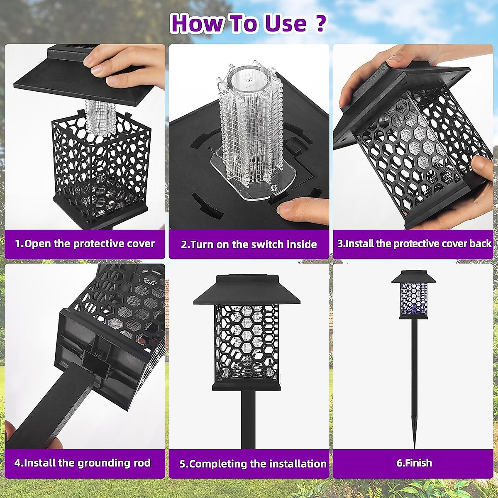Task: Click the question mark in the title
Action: tap(320, 23)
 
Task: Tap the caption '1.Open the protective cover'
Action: tap(85, 244)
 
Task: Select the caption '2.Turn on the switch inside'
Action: tap(249, 244)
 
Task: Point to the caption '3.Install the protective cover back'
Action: tap(414, 244)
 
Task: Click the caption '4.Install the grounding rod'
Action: tap(83, 463)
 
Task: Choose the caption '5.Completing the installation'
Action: tap(253, 464)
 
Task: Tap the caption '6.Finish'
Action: tap(414, 463)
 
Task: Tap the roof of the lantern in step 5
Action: tap(247, 290)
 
